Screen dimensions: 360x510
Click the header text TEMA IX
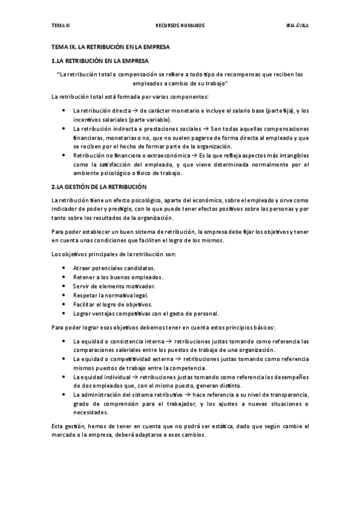coord(61,26)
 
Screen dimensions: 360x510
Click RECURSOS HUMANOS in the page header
coord(180,26)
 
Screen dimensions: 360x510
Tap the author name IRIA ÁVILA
coord(297,26)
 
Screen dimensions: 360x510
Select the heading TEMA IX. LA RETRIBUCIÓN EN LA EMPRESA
coord(111,46)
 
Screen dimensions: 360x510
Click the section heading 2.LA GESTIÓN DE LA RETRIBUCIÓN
coord(99,187)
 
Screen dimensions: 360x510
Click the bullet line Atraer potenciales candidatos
coord(114,268)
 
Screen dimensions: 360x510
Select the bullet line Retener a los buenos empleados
coord(118,277)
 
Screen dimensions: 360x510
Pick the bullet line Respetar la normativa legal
coord(111,295)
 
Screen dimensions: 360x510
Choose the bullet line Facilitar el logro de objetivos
coord(112,304)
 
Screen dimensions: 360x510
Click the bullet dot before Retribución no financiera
coord(65,156)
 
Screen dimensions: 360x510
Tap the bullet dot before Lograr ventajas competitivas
coord(65,313)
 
